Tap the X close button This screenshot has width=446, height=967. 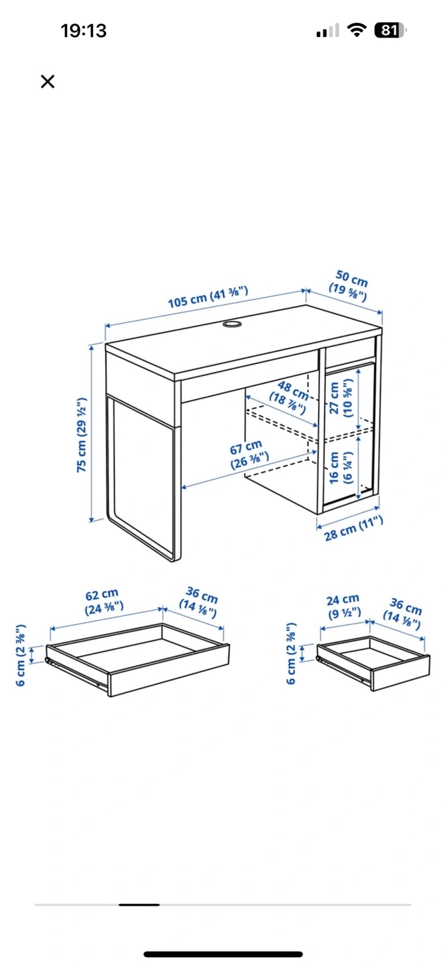pyautogui.click(x=48, y=81)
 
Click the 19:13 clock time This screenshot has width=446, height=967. pyautogui.click(x=83, y=31)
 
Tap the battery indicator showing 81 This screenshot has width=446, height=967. pyautogui.click(x=390, y=30)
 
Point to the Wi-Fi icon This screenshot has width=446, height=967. pyautogui.click(x=357, y=30)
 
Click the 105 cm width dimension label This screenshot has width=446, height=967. pyautogui.click(x=208, y=297)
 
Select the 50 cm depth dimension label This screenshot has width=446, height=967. pyautogui.click(x=349, y=285)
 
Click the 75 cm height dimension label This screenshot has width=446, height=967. pyautogui.click(x=82, y=434)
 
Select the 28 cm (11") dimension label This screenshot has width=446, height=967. pyautogui.click(x=353, y=528)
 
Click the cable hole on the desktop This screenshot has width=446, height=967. pyautogui.click(x=233, y=324)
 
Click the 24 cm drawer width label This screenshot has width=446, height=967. pyautogui.click(x=343, y=606)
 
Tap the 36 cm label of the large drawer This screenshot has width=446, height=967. pyautogui.click(x=199, y=602)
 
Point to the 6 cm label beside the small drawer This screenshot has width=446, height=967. pyautogui.click(x=291, y=653)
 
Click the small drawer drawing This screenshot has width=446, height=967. pyautogui.click(x=374, y=663)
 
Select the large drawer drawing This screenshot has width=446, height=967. pyautogui.click(x=137, y=660)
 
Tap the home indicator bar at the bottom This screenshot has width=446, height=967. pyautogui.click(x=223, y=954)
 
